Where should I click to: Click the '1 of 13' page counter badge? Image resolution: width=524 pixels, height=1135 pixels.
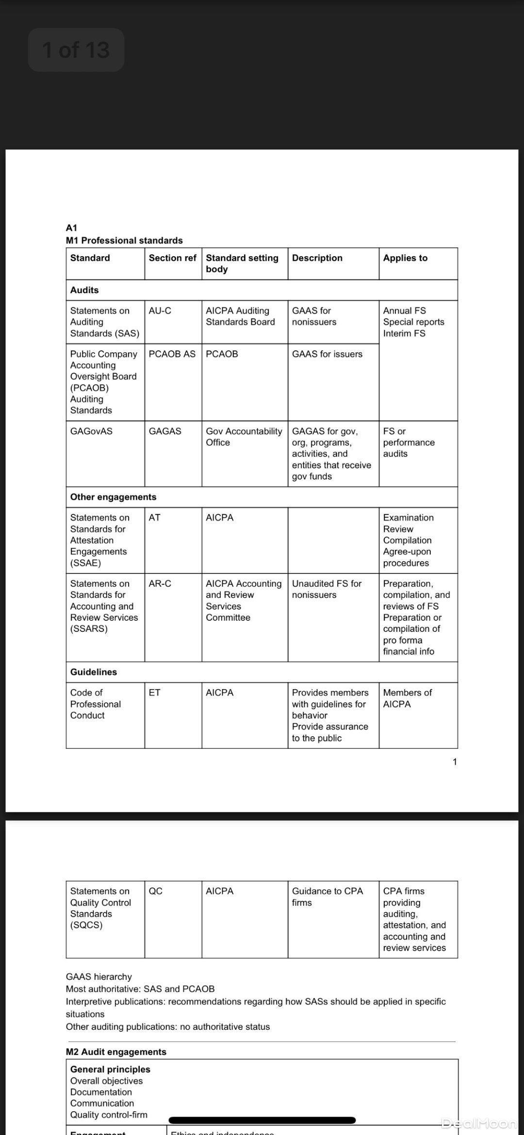(76, 50)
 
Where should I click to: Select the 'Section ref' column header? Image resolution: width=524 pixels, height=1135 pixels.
(172, 258)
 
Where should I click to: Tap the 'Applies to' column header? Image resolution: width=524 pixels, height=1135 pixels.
(405, 258)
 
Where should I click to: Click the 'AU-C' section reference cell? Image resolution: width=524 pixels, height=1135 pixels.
(160, 311)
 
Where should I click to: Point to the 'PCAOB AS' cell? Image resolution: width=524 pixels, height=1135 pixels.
(172, 354)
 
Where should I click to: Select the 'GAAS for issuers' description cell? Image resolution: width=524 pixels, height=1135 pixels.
(327, 354)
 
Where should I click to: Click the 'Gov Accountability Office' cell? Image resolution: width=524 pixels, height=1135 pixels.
(244, 437)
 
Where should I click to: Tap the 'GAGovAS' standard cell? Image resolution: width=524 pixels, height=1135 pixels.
(91, 431)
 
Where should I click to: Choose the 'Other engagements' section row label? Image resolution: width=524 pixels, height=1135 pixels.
(113, 497)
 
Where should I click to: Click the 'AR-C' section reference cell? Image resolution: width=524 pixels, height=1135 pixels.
(160, 584)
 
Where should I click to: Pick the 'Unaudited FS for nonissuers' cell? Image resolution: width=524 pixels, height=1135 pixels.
(327, 589)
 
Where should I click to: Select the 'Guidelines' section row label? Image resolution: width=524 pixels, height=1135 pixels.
(94, 672)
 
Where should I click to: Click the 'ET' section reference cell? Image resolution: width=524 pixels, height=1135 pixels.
(154, 693)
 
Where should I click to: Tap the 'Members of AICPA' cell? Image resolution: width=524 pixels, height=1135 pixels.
(407, 698)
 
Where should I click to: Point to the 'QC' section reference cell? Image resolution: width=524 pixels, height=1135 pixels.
(156, 891)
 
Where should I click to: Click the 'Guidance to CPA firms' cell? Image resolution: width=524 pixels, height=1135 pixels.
(327, 897)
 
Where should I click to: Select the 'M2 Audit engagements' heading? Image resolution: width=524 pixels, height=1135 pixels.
(116, 1052)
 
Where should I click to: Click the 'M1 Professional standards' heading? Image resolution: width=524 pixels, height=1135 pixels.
(124, 241)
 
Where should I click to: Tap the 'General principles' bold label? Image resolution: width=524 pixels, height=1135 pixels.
(110, 1069)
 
